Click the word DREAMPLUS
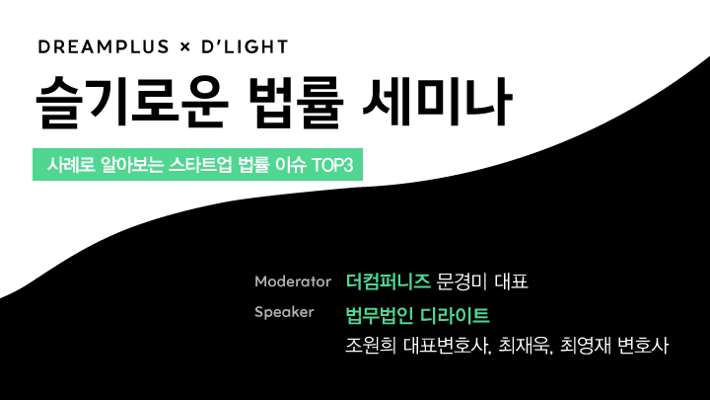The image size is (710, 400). click(104, 46)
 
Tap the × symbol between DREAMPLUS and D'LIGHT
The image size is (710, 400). click(184, 46)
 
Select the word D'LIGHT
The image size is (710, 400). click(245, 46)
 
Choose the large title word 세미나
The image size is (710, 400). click(438, 102)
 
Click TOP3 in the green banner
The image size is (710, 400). click(332, 165)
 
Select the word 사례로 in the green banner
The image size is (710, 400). click(71, 165)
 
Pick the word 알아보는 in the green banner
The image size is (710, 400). click(131, 165)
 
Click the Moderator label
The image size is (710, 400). click(293, 281)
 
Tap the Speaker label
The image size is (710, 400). click(284, 312)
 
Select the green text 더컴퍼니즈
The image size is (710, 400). click(389, 281)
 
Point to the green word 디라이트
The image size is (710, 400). click(455, 316)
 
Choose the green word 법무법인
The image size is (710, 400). click(380, 316)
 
